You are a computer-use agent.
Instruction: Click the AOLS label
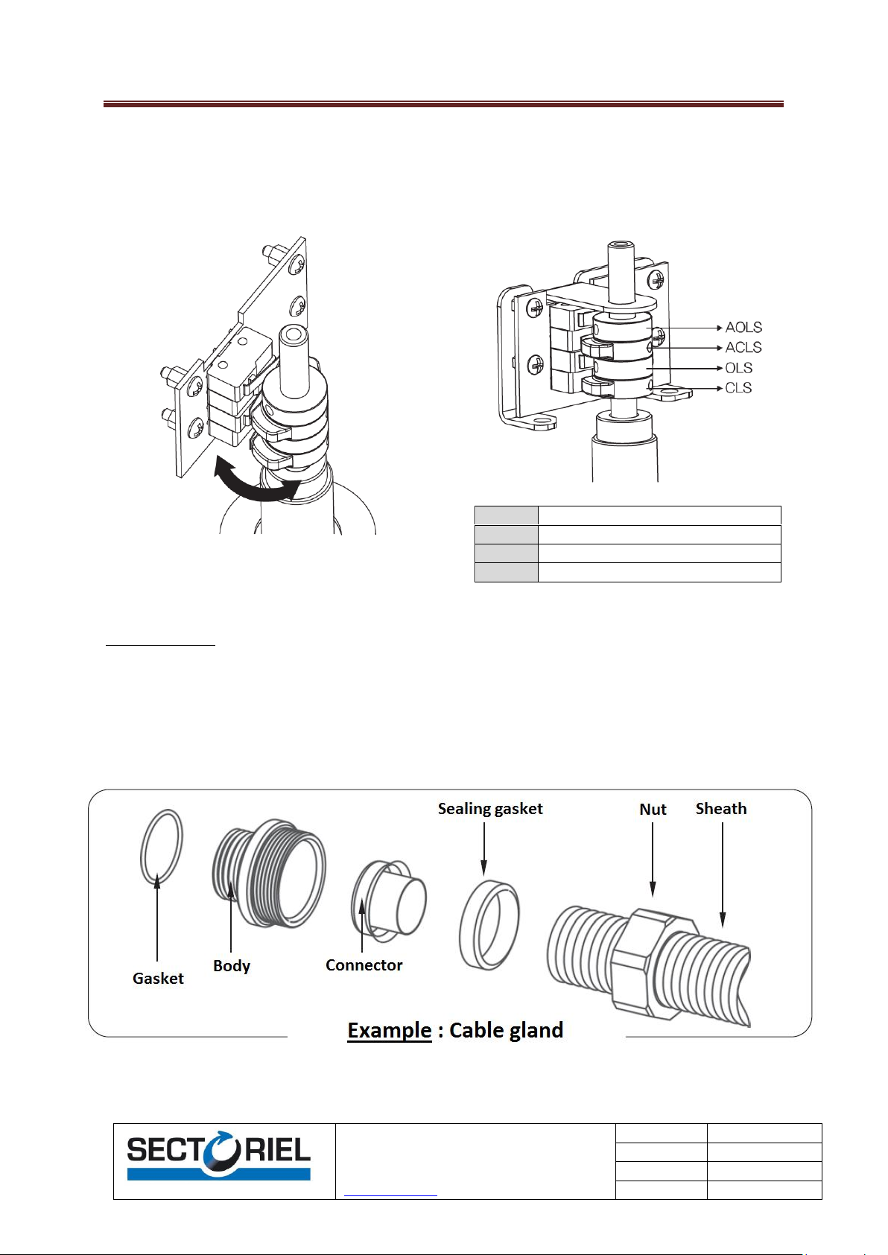click(743, 327)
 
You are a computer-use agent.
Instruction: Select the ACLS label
click(743, 347)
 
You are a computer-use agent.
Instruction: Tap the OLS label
click(738, 368)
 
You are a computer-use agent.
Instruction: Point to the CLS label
click(738, 388)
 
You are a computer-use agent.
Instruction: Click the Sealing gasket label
click(490, 809)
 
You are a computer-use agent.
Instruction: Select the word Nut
click(653, 810)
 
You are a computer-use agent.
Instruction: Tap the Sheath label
click(721, 808)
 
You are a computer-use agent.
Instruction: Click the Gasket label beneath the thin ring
click(158, 978)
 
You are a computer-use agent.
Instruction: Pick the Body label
click(232, 966)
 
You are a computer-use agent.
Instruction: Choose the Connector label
click(364, 965)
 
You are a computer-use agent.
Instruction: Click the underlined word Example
click(390, 1030)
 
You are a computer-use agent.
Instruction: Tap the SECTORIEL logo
click(218, 1157)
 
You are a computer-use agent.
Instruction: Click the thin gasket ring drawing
click(142, 846)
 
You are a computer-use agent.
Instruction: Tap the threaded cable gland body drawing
click(269, 874)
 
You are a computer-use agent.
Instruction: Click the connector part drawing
click(389, 900)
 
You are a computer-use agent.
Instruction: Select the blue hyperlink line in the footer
click(390, 1196)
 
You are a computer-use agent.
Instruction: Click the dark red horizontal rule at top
click(443, 104)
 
